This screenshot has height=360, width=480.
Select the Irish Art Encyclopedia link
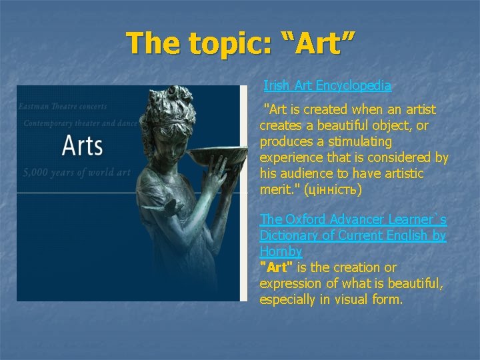point(327,85)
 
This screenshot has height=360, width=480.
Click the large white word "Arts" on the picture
point(82,145)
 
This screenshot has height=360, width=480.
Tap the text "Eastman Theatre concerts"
point(63,107)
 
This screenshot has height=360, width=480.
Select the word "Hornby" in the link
point(281,251)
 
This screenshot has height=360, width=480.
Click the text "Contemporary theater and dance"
point(80,123)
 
